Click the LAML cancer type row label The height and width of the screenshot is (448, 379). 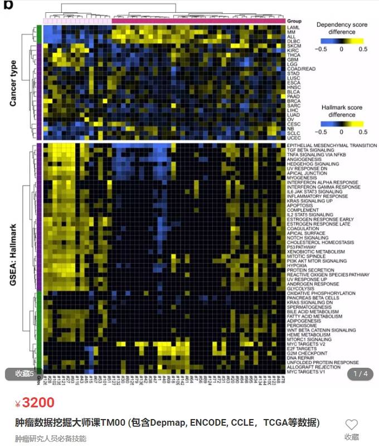point(292,28)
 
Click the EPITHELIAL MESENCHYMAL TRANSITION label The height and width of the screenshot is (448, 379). point(332,146)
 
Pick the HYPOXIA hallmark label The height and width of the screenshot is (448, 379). point(297,265)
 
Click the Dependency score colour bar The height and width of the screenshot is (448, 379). point(342,41)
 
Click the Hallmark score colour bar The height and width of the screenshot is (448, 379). point(342,123)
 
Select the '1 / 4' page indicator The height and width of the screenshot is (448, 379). point(361,373)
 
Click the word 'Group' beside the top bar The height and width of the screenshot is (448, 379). point(294,21)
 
